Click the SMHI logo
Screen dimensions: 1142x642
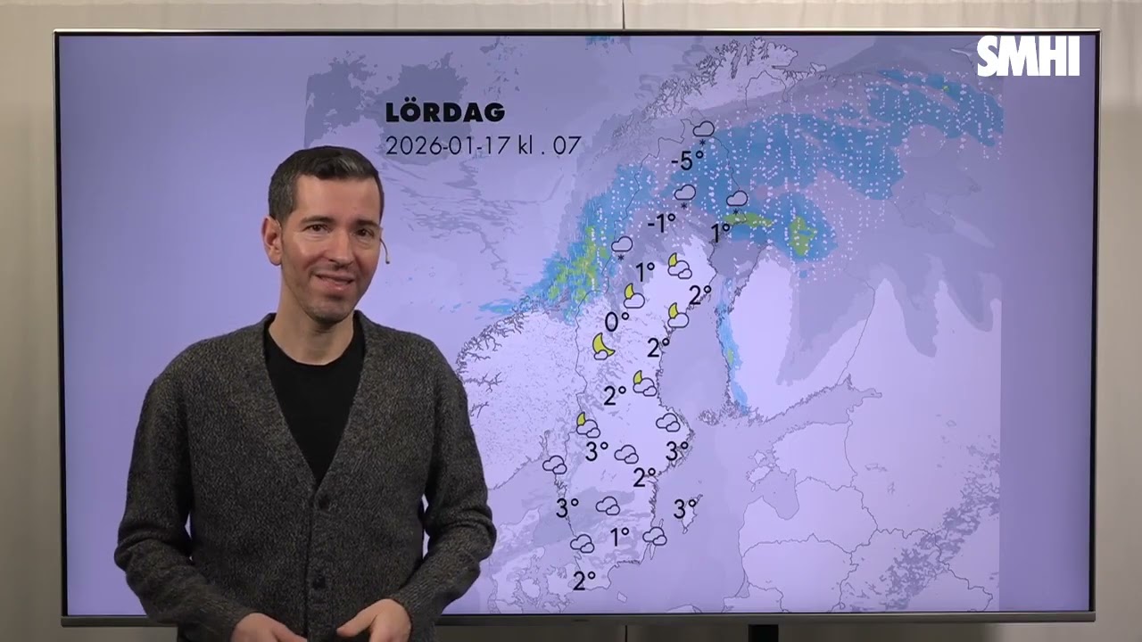coord(1028,58)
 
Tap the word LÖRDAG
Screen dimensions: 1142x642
coord(444,113)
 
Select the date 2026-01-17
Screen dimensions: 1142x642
coord(445,145)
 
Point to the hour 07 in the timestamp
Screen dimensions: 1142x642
coord(567,145)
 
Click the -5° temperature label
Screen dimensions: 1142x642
coord(686,161)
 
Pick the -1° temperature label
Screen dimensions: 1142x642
coord(660,223)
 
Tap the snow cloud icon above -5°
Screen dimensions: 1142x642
coord(703,130)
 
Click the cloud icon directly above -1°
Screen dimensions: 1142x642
coord(685,193)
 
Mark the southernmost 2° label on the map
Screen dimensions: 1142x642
coord(584,581)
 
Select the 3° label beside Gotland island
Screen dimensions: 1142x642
coord(685,510)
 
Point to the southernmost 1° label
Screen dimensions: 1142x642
coord(620,537)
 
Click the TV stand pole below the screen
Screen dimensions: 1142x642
coord(762,632)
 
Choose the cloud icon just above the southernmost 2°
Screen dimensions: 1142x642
coord(582,543)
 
